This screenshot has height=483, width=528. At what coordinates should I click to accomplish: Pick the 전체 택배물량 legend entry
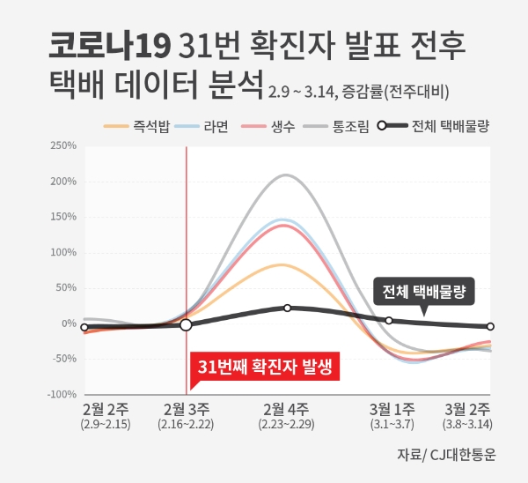click(x=433, y=126)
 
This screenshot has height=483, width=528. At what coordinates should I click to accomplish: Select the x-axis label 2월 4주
click(x=287, y=409)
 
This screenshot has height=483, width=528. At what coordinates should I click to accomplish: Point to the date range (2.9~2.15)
click(x=106, y=425)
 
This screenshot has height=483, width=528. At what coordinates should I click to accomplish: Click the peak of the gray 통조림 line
click(x=287, y=175)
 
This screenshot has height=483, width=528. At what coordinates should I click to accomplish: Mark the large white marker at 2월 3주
click(x=186, y=325)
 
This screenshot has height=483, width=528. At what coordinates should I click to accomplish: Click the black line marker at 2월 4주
click(x=287, y=308)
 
